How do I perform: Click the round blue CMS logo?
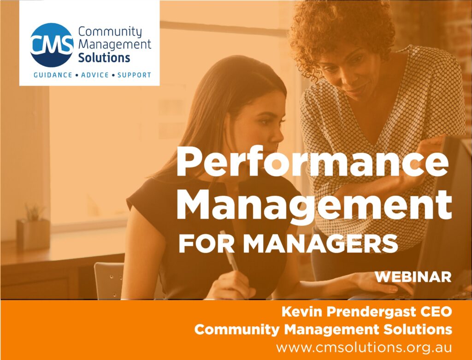click(x=51, y=45)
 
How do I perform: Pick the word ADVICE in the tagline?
click(x=95, y=75)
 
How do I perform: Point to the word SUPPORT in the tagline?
click(x=134, y=75)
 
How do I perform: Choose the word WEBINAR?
click(x=413, y=277)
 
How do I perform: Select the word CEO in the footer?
click(x=435, y=313)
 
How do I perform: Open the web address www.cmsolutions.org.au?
click(x=364, y=347)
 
